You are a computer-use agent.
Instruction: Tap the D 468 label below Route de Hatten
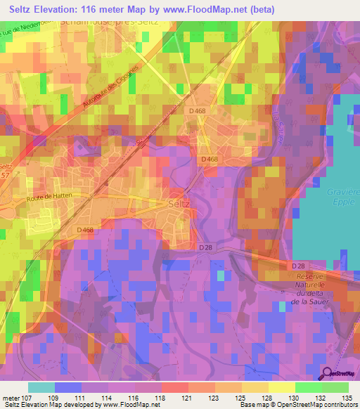pyautogui.click(x=85, y=230)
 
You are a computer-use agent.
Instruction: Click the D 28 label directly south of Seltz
pyautogui.click(x=205, y=247)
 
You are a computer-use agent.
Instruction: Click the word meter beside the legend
pyautogui.click(x=9, y=398)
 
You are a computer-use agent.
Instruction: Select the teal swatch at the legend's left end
pyautogui.click(x=41, y=387)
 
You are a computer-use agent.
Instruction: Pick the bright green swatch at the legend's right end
pyautogui.click(x=335, y=387)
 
